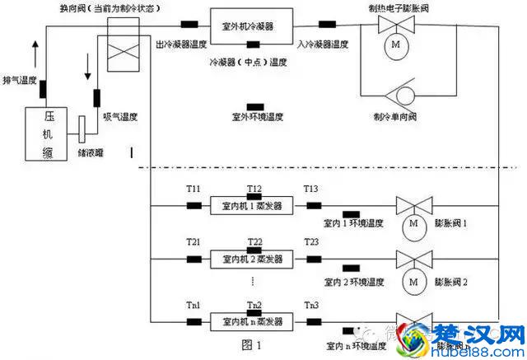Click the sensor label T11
pyautogui.click(x=194, y=189)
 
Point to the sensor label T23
pyautogui.click(x=311, y=242)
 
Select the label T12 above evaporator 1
pyautogui.click(x=254, y=189)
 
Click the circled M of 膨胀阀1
pyautogui.click(x=414, y=225)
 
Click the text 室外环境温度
pyautogui.click(x=258, y=118)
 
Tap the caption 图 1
pyautogui.click(x=253, y=344)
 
